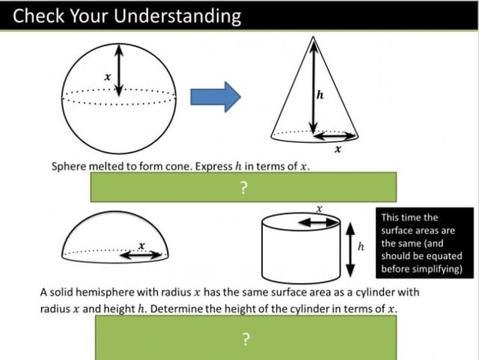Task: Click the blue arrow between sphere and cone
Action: tap(216, 96)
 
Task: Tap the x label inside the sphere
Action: tap(108, 75)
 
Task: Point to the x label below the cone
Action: tap(338, 149)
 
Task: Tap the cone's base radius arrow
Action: tap(334, 136)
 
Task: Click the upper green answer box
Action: tap(243, 187)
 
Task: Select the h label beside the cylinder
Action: tap(361, 246)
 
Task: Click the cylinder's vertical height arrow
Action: tap(350, 249)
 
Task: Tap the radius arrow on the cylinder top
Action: tap(319, 222)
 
